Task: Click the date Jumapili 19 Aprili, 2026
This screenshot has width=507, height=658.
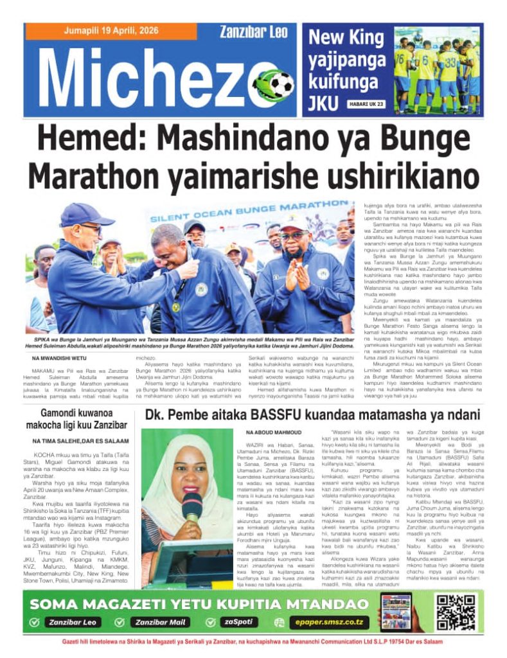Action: (x=110, y=31)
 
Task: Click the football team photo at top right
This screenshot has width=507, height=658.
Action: (x=436, y=69)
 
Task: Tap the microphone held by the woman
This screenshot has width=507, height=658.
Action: (x=191, y=506)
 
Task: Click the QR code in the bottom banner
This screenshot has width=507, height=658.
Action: (x=456, y=612)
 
